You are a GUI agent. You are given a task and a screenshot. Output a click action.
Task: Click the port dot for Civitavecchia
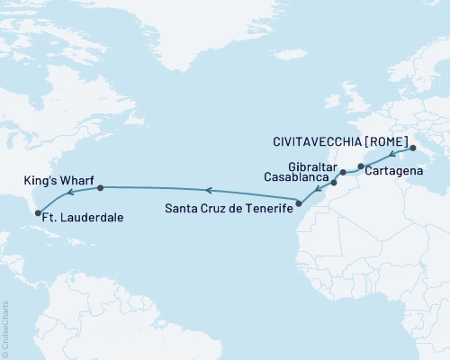[410, 148]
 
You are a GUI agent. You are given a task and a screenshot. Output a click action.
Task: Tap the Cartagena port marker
[361, 166]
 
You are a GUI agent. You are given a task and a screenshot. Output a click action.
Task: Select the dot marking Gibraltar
[343, 172]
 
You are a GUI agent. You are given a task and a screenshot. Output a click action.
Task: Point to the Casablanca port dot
[334, 184]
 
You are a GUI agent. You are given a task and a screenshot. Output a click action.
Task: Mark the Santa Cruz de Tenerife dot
[300, 202]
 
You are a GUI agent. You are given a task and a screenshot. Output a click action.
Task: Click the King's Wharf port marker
[100, 188]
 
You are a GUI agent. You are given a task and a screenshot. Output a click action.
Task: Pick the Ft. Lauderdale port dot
[38, 213]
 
